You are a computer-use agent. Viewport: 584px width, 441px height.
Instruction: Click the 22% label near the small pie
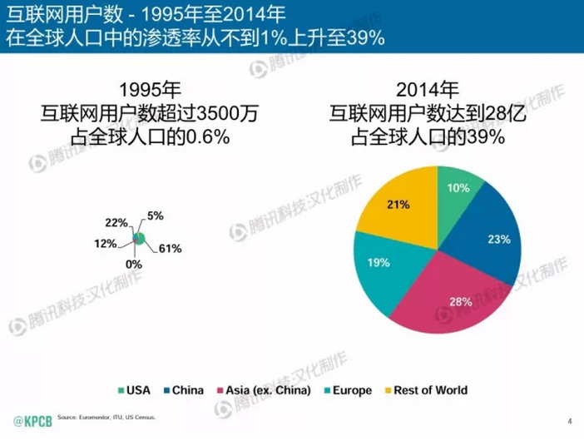click(x=116, y=223)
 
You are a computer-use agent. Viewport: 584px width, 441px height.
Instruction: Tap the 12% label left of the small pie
click(x=106, y=243)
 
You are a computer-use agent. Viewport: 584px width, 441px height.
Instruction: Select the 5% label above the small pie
click(x=156, y=216)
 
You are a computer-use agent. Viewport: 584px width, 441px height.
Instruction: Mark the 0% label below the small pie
click(x=133, y=264)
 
